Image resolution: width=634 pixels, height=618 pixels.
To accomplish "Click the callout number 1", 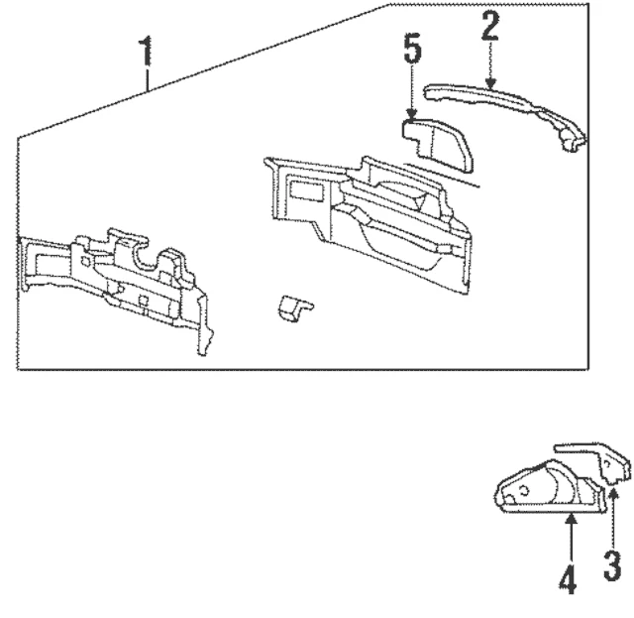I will click(146, 51).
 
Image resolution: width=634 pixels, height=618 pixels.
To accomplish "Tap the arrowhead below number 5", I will click(413, 116).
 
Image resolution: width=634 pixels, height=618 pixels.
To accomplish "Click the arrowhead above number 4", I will click(570, 523).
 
